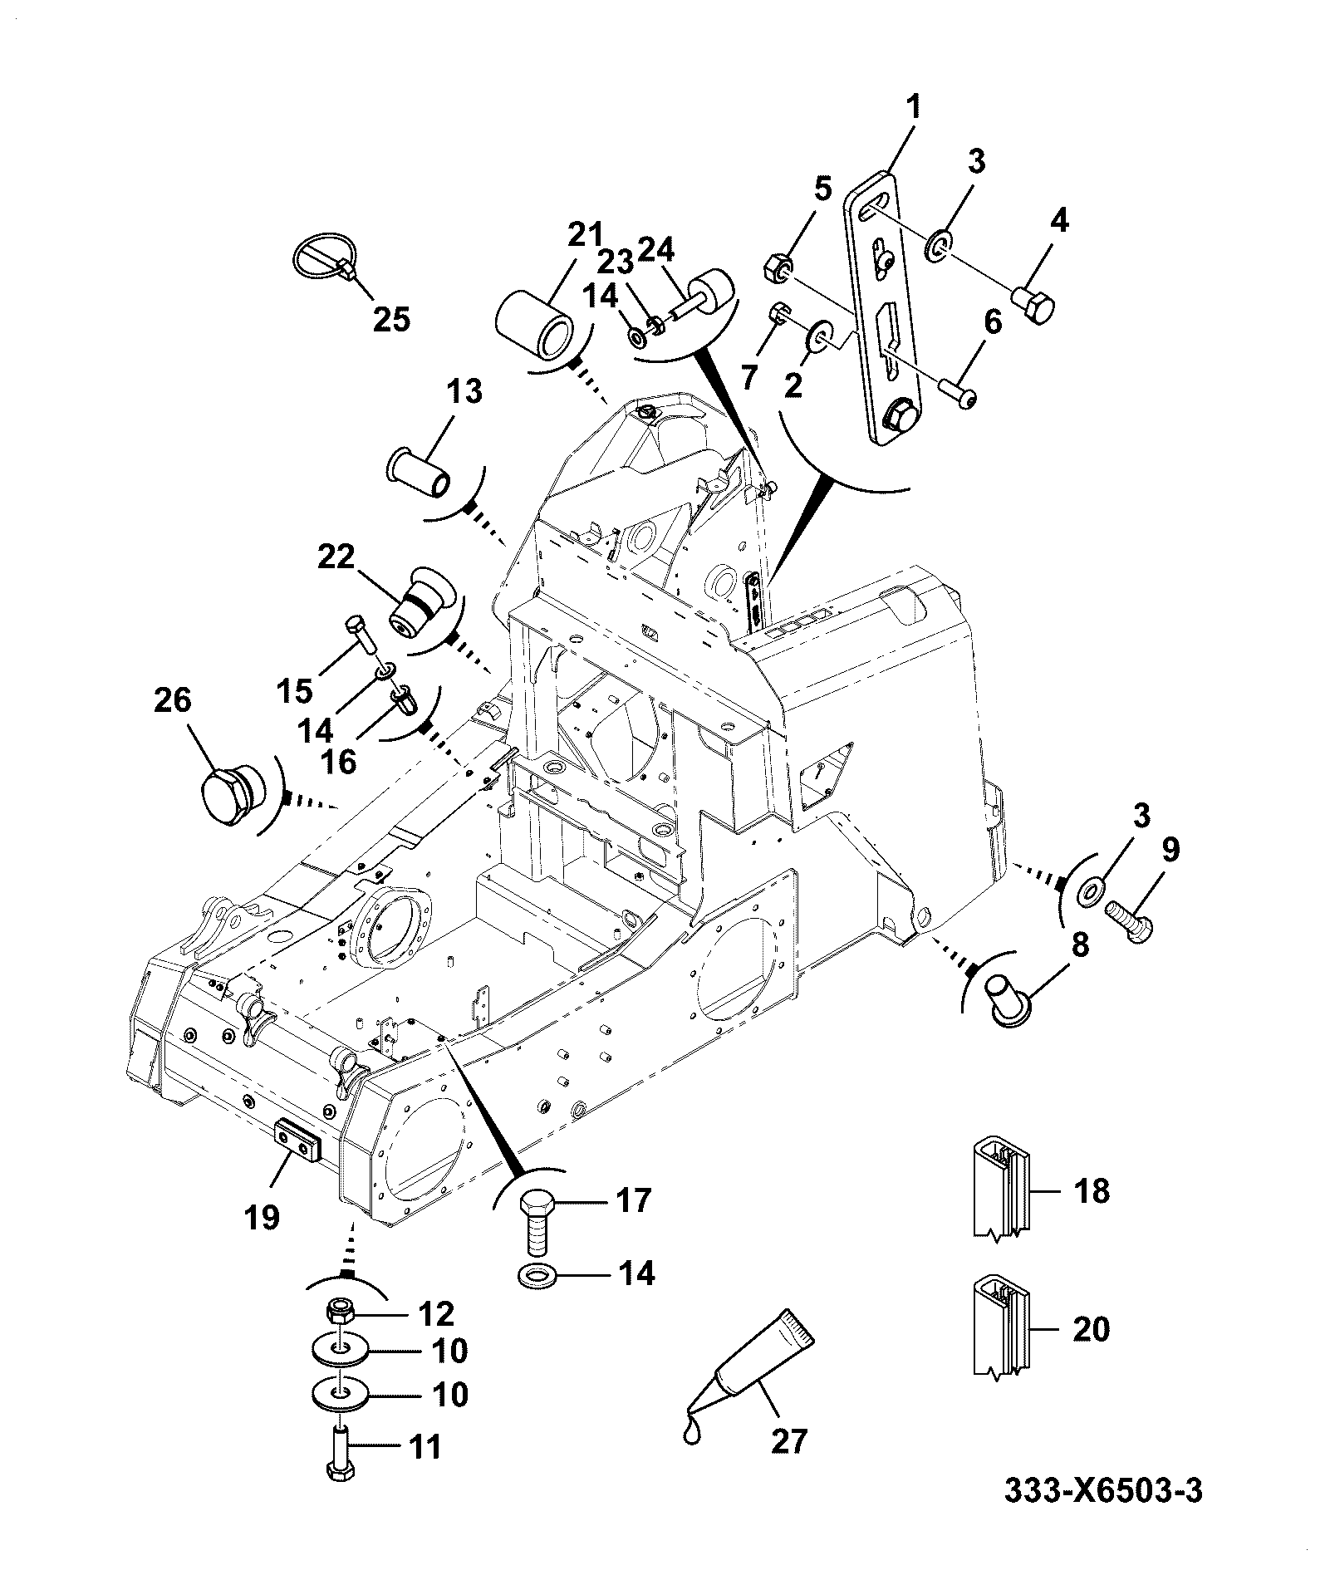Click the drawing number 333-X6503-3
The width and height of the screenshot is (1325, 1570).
click(1102, 1514)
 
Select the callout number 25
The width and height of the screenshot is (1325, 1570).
click(391, 318)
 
